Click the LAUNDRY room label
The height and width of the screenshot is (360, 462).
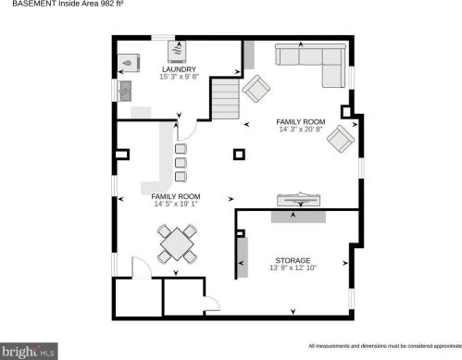click(179, 69)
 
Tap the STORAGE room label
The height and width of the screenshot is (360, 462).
click(293, 260)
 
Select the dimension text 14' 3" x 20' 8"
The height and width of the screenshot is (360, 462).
click(301, 130)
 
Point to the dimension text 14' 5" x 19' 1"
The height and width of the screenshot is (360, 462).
click(176, 204)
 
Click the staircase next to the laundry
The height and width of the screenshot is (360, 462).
click(226, 99)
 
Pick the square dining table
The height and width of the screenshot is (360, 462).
click(177, 243)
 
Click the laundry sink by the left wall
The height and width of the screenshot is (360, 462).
click(125, 91)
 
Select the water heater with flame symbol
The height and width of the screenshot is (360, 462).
click(129, 63)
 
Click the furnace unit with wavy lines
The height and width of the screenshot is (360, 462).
click(177, 51)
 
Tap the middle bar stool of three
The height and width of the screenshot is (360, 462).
click(181, 163)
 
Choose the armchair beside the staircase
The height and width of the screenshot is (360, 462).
click(256, 89)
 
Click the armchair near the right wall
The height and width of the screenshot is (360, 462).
click(341, 139)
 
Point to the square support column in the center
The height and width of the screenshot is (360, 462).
click(239, 155)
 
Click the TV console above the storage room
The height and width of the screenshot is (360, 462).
click(298, 200)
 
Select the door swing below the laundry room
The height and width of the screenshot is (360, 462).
click(187, 130)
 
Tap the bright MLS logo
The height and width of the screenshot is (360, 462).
click(29, 352)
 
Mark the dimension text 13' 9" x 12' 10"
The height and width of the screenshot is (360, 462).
click(293, 267)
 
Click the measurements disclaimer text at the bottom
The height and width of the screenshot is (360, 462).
click(385, 346)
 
